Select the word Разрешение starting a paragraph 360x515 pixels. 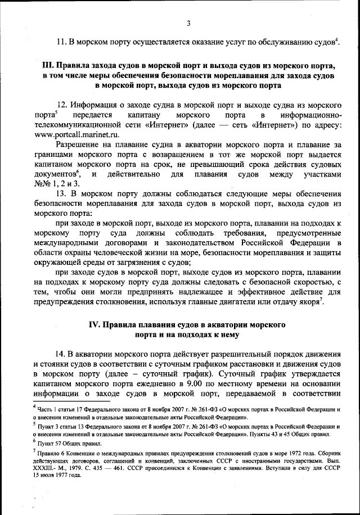pyautogui.click(x=80, y=145)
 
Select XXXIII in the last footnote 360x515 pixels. pyautogui.click(x=46, y=466)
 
